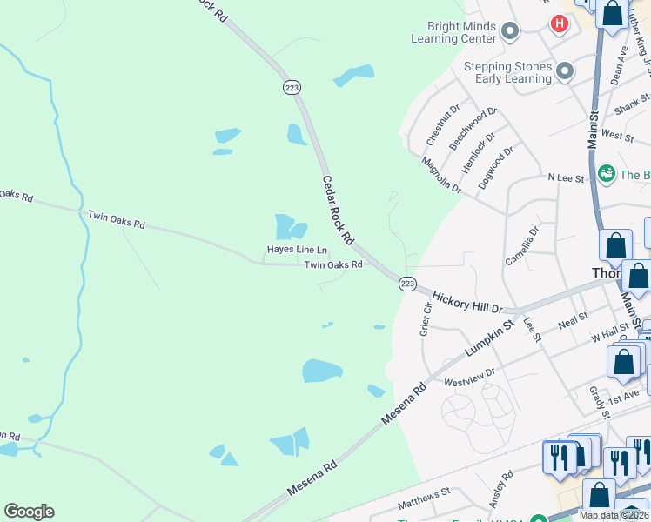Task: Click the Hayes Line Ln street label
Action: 297,251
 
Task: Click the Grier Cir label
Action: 426,319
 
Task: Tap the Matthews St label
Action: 423,499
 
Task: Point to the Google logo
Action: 29,512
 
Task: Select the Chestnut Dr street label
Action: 442,125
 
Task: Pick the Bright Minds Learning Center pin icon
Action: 510,33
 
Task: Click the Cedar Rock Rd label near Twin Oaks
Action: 338,209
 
